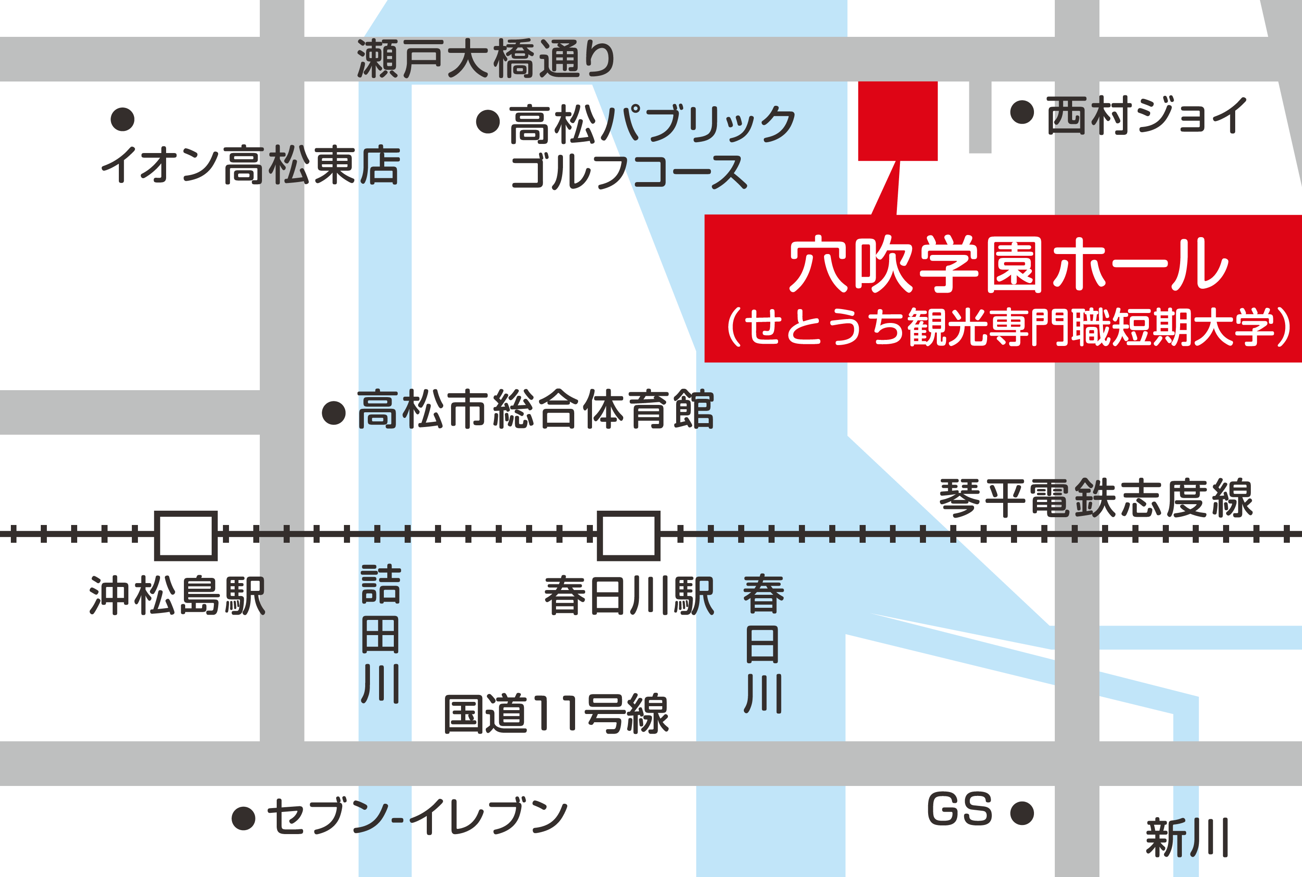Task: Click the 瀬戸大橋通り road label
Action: [486, 59]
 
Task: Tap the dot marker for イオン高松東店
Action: [123, 119]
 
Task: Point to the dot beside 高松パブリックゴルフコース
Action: [488, 121]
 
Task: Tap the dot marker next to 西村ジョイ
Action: [1022, 112]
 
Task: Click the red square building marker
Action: [897, 121]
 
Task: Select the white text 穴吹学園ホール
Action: [1008, 264]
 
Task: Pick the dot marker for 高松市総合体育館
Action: [334, 413]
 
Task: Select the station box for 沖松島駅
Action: [186, 535]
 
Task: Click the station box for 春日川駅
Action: [628, 535]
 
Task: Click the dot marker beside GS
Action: [1022, 813]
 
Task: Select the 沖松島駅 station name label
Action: [177, 596]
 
